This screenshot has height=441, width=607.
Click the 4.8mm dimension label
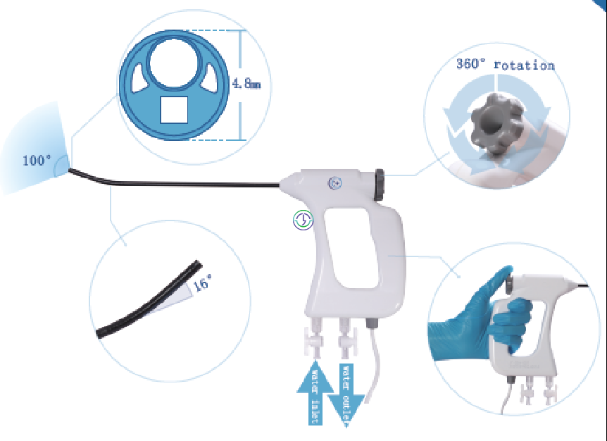246,83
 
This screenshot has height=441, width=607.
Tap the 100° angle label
37,160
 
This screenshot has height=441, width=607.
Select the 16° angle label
203,282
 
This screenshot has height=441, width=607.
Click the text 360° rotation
505,65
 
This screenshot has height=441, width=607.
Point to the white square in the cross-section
174,110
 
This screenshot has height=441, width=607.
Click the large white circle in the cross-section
173,63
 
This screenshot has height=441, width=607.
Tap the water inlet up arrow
315,392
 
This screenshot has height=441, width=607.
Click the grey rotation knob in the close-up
496,124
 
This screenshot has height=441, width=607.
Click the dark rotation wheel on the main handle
380,185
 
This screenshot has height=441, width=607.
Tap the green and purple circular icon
303,220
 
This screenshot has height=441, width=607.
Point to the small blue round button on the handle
335,183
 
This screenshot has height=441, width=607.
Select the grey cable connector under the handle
372,323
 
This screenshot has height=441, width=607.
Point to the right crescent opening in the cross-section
209,78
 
